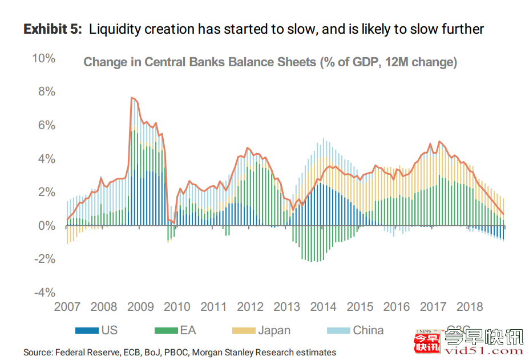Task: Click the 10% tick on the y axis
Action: tap(43, 59)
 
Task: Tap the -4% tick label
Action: tap(44, 293)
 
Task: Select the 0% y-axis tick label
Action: tap(46, 226)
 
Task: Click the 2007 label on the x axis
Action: tap(67, 307)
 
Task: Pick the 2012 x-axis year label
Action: tap(250, 307)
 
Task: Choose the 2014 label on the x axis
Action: tap(323, 307)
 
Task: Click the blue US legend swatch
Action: tap(87, 330)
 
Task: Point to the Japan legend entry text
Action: tap(274, 330)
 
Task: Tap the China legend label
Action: tap(368, 330)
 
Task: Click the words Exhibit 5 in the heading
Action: tap(53, 29)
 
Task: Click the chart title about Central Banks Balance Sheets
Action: tap(270, 62)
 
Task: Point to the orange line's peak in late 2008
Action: tap(132, 98)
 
